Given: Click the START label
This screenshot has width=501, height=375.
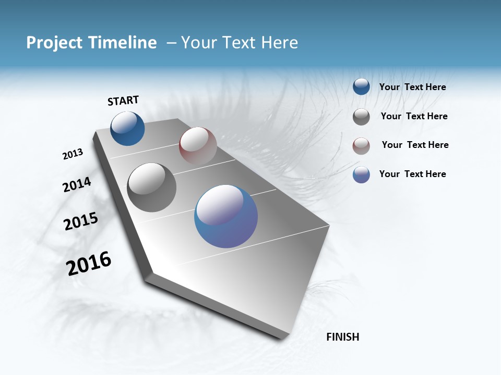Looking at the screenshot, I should pyautogui.click(x=123, y=101).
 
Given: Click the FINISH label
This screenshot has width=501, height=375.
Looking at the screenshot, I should pyautogui.click(x=342, y=337).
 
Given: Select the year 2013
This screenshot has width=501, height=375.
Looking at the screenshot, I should pyautogui.click(x=73, y=154).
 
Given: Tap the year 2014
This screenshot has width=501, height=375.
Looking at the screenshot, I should pyautogui.click(x=77, y=185).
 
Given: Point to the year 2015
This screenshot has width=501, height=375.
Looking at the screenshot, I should pyautogui.click(x=81, y=221).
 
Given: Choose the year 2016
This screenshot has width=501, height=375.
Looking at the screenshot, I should pyautogui.click(x=89, y=264).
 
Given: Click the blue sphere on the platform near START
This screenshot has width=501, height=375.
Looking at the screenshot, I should pyautogui.click(x=127, y=128).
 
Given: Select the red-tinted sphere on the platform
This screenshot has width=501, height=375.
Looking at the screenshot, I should pyautogui.click(x=198, y=145).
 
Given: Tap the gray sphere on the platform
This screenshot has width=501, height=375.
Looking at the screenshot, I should pyautogui.click(x=151, y=187).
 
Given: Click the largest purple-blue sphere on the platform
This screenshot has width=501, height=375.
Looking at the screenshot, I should pyautogui.click(x=226, y=216).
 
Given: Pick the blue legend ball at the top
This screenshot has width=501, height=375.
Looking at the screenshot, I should pyautogui.click(x=361, y=86).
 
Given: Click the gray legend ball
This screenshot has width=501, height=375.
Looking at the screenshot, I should pyautogui.click(x=361, y=117).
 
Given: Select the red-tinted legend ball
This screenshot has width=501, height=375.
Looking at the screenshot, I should pyautogui.click(x=361, y=146).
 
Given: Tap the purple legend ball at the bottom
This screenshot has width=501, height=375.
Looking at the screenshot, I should pyautogui.click(x=361, y=174).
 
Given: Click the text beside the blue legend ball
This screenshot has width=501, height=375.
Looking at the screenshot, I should pyautogui.click(x=412, y=87).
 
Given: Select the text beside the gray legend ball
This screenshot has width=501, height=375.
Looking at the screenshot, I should pyautogui.click(x=414, y=116).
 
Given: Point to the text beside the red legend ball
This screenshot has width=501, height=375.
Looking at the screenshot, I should pyautogui.click(x=415, y=145).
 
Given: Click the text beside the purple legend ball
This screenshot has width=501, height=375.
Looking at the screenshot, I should pyautogui.click(x=412, y=174).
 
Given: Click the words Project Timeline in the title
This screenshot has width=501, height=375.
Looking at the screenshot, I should pyautogui.click(x=91, y=43).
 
